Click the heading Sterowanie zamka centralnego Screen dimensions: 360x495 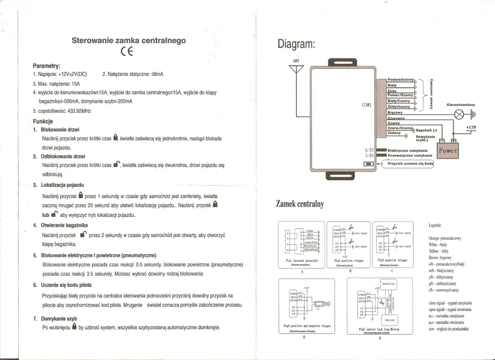[x=129, y=40]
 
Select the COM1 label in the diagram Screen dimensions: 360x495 [x=367, y=105]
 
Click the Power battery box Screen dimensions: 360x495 [x=448, y=151]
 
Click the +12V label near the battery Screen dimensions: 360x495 [x=471, y=127]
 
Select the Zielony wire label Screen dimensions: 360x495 [x=394, y=133]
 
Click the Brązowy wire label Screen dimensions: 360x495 [x=395, y=112]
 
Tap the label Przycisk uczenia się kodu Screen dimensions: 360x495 [x=410, y=163]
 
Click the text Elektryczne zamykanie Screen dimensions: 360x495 [x=408, y=151]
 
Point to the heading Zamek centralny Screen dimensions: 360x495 [x=300, y=204]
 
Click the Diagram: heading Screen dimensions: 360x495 [x=296, y=44]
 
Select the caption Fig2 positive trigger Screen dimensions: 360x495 [x=349, y=261]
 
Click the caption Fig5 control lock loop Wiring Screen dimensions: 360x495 [x=379, y=329]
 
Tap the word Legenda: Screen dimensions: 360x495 [x=435, y=225]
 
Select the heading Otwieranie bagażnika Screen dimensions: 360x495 [x=64, y=225]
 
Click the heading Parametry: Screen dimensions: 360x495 [x=47, y=66]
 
